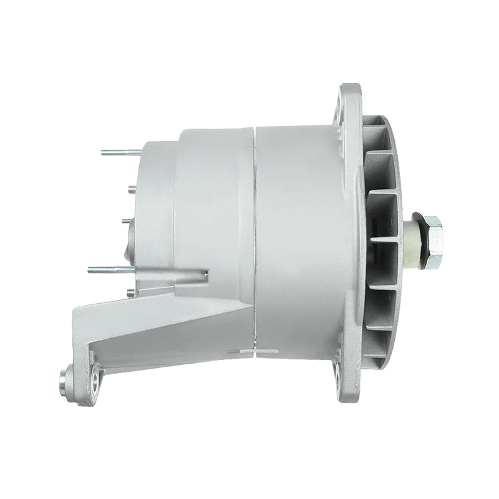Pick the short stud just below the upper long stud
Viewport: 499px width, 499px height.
pyautogui.click(x=132, y=189)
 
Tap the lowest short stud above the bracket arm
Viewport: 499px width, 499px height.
pyautogui.click(x=130, y=291)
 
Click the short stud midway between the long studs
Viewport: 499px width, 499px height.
pyautogui.click(x=126, y=220)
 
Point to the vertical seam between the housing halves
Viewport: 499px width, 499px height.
pyautogui.click(x=254, y=237)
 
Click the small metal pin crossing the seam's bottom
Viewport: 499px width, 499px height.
pyautogui.click(x=253, y=351)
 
